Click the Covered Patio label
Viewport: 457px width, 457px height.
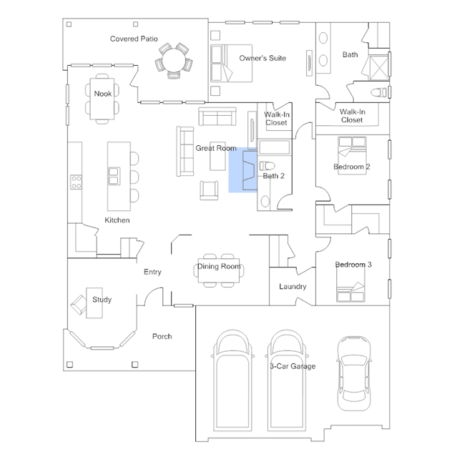pos(134,39)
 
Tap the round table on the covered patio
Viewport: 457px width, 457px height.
pos(174,60)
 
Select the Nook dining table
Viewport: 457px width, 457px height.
pos(102,99)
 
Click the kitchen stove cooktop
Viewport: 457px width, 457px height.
pos(76,182)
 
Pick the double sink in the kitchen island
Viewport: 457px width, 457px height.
pos(114,176)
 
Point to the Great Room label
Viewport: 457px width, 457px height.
pos(216,148)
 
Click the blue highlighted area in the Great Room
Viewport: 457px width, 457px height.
pos(242,170)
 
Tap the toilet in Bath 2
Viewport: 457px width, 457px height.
pos(267,166)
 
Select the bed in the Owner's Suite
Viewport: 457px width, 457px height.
pos(231,63)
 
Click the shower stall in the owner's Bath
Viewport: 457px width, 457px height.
pos(379,68)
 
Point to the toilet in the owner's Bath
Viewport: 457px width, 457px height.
pos(378,93)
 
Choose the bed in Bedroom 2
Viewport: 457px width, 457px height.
pos(352,155)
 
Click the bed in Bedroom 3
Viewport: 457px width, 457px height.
pos(350,285)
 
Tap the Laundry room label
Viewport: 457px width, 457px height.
pos(293,287)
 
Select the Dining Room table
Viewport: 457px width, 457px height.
pos(219,270)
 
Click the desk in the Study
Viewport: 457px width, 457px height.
pos(94,303)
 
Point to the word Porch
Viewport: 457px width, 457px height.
pos(162,336)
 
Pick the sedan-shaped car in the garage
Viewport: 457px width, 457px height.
pos(354,373)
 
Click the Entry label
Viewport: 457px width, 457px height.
pos(152,272)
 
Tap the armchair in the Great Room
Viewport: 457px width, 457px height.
pos(209,190)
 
